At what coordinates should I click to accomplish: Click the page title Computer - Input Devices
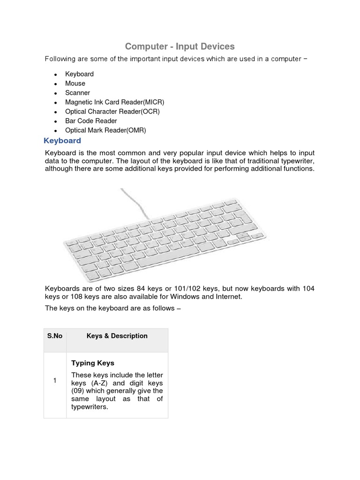pos(180,46)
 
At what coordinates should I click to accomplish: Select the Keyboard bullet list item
pos(79,74)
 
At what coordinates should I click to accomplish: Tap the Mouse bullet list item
pos(75,83)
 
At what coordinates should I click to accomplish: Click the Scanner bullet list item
pos(77,93)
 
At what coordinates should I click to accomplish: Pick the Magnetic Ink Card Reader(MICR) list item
pos(114,102)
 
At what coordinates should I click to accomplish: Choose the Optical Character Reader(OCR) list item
pos(112,112)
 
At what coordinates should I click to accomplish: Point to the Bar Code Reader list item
pos(91,121)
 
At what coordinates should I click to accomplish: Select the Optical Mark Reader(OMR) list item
pos(105,130)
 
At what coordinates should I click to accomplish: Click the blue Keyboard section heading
pos(62,141)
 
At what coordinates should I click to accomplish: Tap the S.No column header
pos(55,336)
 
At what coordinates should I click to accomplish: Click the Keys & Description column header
pos(117,336)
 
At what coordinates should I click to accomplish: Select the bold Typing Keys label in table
pos(93,363)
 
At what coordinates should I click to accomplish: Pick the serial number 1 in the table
pos(55,381)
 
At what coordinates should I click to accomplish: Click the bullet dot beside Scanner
pos(55,93)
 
